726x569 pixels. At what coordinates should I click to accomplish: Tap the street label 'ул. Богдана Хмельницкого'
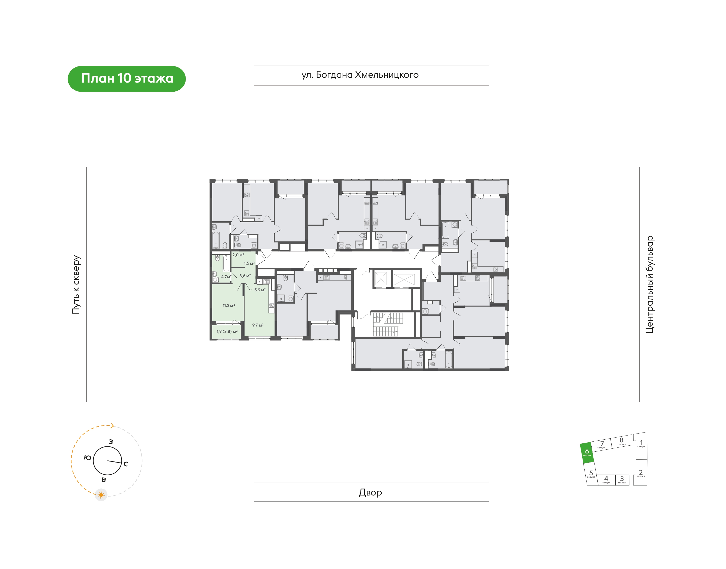pos(360,75)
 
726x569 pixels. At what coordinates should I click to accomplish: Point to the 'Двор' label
pos(370,492)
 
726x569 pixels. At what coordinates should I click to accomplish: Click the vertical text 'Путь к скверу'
pos(76,284)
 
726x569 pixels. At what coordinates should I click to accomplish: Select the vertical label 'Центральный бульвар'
pos(649,284)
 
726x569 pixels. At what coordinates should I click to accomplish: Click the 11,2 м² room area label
pos(229,305)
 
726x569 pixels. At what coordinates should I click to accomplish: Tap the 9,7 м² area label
pos(258,325)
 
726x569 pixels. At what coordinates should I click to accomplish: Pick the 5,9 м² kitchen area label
pos(260,290)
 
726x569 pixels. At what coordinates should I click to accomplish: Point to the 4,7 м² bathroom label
pos(226,277)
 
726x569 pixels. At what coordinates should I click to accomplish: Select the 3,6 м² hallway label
pos(245,276)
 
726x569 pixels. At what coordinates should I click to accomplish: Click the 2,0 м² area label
pos(238,255)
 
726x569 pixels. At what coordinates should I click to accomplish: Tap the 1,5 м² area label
pos(249,263)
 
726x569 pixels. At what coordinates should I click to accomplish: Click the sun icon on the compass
pos(101,495)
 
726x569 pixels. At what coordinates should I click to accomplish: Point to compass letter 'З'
pos(111,442)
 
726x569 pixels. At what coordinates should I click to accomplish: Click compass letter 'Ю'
pos(87,458)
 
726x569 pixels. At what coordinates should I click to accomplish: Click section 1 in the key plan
pos(641,445)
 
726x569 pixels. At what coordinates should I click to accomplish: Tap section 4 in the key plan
pos(606,480)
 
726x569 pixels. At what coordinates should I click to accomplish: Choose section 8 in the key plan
pos(622,441)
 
